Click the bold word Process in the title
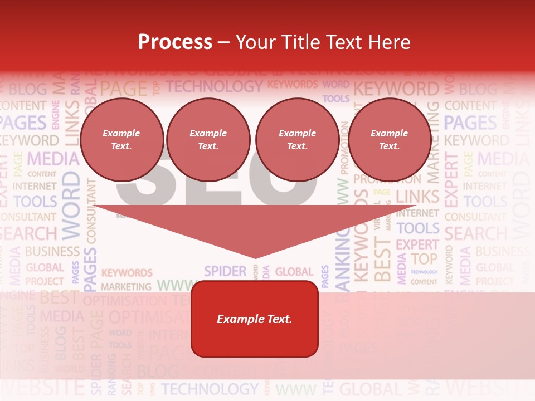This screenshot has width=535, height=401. [x=175, y=42]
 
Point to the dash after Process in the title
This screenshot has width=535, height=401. [x=224, y=42]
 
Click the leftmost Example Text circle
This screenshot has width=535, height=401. [x=121, y=140]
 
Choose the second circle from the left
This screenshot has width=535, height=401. [x=208, y=140]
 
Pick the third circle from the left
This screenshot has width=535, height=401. [x=297, y=140]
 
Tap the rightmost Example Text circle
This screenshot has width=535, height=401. [x=389, y=140]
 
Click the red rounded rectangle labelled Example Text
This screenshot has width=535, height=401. [x=255, y=319]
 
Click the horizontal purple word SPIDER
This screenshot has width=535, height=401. [x=225, y=271]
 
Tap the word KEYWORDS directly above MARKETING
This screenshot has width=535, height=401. [x=127, y=273]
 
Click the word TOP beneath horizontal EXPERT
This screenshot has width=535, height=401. [x=424, y=258]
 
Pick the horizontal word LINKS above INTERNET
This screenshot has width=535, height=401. [x=417, y=197]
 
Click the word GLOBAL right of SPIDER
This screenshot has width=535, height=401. [x=294, y=272]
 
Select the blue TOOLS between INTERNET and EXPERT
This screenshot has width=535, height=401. [x=418, y=228]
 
